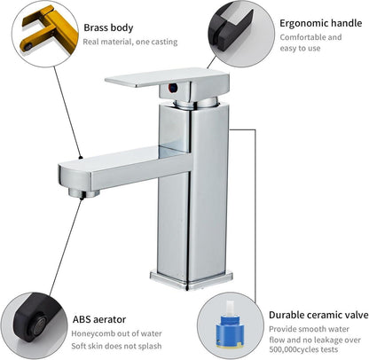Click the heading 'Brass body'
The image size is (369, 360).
[108, 27]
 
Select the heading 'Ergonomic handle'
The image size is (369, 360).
[321, 23]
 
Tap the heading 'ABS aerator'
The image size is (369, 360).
[99, 319]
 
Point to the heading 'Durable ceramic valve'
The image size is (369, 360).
[318, 315]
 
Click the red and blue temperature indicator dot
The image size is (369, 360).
[173, 88]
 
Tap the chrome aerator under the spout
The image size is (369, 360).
[84, 193]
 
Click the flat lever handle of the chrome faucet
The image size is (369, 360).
[166, 77]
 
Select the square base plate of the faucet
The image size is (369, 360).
[192, 279]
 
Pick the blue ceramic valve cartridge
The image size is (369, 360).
[229, 331]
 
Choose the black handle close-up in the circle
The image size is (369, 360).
[232, 27]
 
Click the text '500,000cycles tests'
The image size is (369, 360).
[303, 350]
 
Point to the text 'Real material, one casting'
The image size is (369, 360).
[130, 42]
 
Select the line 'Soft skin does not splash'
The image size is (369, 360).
[116, 346]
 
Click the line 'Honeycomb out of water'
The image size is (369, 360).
[116, 333]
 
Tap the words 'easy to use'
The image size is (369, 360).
[300, 48]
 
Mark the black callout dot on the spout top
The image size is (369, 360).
[81, 158]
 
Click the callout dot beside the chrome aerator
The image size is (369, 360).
[82, 199]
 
